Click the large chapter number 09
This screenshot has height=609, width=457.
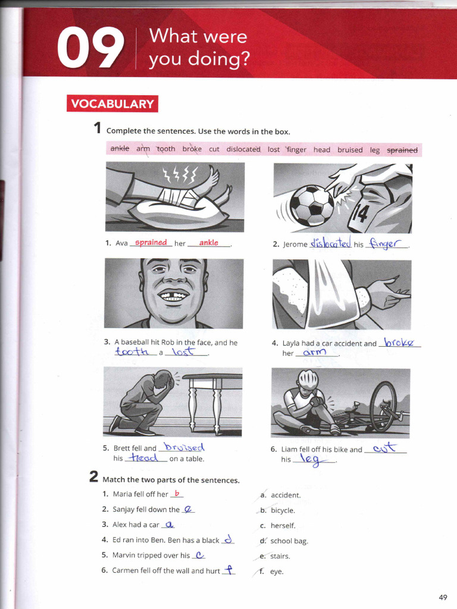tap(90, 50)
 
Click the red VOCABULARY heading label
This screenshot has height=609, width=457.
tap(112, 104)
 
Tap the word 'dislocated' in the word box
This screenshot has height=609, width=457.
tap(243, 149)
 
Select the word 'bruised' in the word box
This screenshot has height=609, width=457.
tap(350, 150)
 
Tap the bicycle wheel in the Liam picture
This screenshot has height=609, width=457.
tap(383, 406)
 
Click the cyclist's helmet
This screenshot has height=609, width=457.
tap(308, 379)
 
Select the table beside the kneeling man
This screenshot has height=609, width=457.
tap(211, 395)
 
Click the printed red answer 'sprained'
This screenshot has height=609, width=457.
tap(151, 243)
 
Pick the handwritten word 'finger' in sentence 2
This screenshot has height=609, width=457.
tap(386, 243)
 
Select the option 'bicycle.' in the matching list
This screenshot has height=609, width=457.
tap(283, 510)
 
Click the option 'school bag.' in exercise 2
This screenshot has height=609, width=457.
tap(289, 541)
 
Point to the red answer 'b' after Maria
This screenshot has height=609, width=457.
tap(177, 494)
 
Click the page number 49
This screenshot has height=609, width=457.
tap(442, 597)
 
